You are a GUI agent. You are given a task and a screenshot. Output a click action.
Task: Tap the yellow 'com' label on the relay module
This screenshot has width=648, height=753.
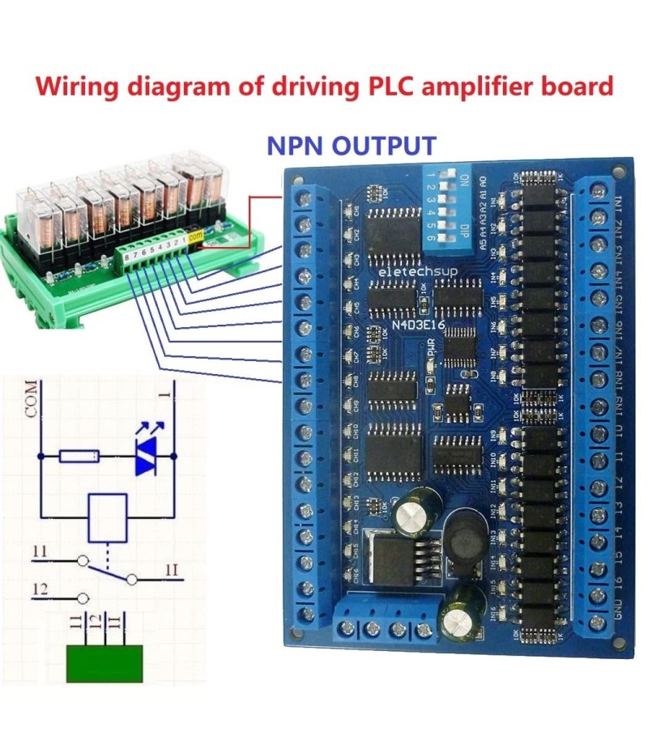(x=195, y=236)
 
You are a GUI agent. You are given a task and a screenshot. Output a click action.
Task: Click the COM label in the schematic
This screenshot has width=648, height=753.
(x=31, y=398)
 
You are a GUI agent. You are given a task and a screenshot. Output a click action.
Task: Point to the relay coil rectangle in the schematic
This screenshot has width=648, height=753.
(x=107, y=517)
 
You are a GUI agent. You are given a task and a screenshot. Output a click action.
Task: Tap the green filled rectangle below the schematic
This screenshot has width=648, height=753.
(x=106, y=663)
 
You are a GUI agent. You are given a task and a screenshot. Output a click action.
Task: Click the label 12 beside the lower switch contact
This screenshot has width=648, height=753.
(x=40, y=589)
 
